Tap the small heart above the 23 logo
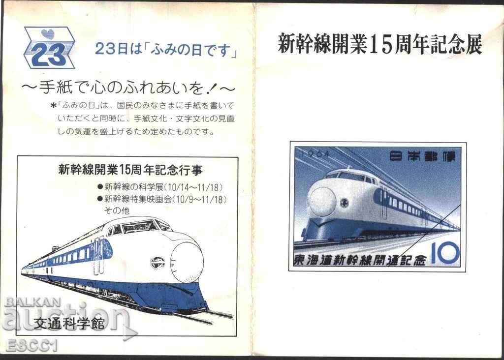pyautogui.click(x=47, y=34)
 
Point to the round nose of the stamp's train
pyautogui.click(x=322, y=201)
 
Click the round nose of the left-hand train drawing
pyautogui.click(x=188, y=262)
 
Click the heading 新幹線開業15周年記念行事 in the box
pyautogui.click(x=130, y=170)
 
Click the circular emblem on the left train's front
pyautogui.click(x=157, y=263)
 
